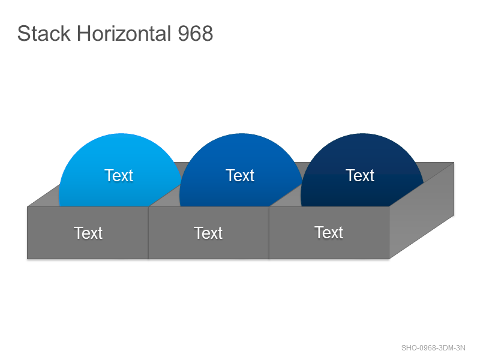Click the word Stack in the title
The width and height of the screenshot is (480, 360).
tap(44, 34)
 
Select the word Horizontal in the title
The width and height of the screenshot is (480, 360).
tap(124, 34)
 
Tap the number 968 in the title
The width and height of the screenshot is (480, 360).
tap(196, 34)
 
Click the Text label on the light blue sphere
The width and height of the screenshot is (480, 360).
tap(119, 175)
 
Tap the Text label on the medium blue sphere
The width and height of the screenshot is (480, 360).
tap(240, 175)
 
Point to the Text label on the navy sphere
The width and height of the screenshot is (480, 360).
tap(360, 175)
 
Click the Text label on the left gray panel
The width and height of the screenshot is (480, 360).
tap(88, 233)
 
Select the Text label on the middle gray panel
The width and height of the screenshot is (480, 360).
tap(208, 233)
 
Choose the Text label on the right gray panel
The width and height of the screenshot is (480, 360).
tap(329, 232)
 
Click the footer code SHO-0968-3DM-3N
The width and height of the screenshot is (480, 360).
tap(433, 348)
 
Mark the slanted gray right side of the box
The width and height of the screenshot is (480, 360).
tap(422, 211)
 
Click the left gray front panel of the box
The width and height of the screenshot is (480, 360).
tap(88, 233)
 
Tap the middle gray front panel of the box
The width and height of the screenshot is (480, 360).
tap(209, 233)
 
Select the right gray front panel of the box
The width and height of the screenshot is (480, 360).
tap(329, 233)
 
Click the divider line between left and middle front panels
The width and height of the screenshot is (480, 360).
tap(148, 233)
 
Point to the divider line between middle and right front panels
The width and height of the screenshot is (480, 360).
tap(269, 233)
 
